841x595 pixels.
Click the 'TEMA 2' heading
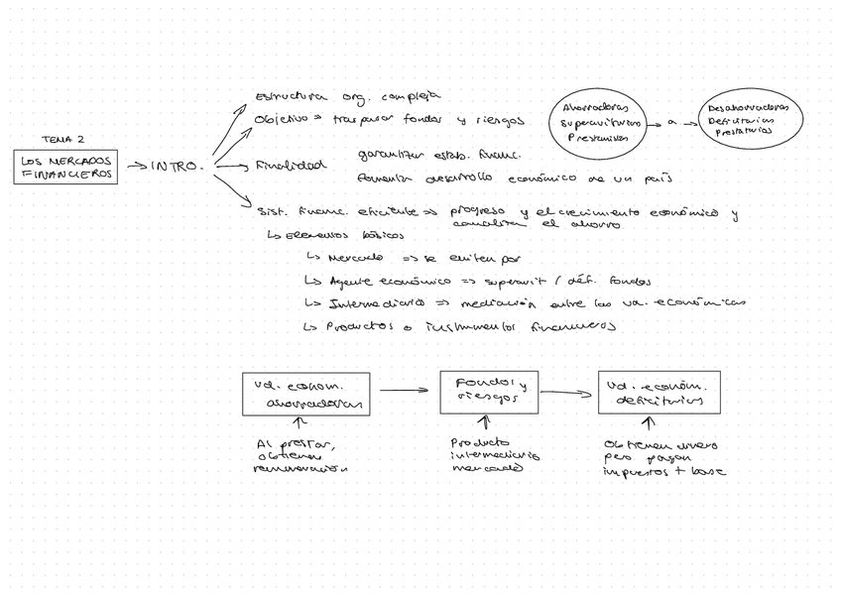click(x=63, y=140)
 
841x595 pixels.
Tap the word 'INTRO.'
click(x=178, y=167)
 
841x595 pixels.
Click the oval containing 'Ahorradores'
click(x=601, y=123)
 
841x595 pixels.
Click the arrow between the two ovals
click(x=681, y=122)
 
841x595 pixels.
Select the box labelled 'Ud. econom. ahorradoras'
click(x=307, y=394)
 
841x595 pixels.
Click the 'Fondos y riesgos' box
click(x=489, y=392)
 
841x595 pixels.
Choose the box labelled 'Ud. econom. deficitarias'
click(x=658, y=392)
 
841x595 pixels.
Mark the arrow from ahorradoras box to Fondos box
click(x=406, y=391)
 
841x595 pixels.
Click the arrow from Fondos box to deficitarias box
click(x=567, y=392)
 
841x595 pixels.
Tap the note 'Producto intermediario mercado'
click(x=494, y=456)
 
